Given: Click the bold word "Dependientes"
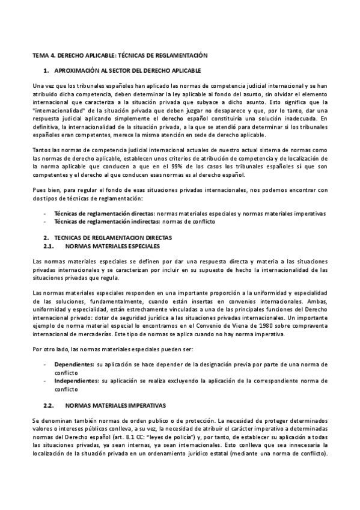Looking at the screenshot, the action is point(73,364).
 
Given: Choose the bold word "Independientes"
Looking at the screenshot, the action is point(76,380).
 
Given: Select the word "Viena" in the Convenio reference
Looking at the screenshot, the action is point(234,325).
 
